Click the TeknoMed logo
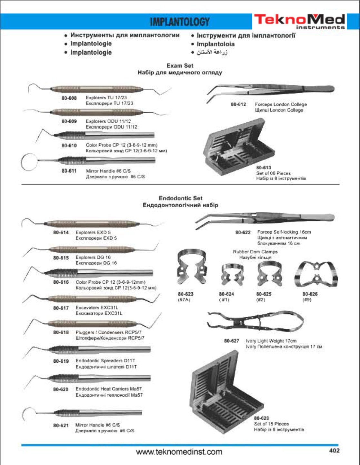tap(299, 21)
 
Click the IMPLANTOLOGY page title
tap(180, 22)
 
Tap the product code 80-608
tap(69, 98)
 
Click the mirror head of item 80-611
tap(28, 161)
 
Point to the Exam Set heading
tap(180, 66)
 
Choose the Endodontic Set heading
tap(180, 198)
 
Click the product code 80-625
tap(264, 294)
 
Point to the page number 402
tap(334, 450)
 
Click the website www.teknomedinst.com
tap(179, 452)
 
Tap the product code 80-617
tap(61, 308)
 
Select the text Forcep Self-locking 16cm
tap(284, 232)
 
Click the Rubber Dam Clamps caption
tap(255, 252)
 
